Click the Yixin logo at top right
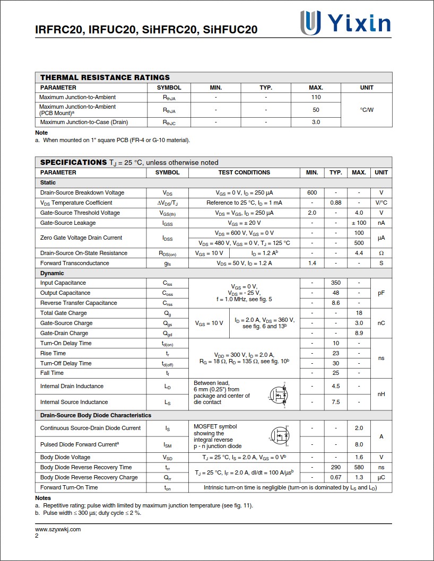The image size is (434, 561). pyautogui.click(x=345, y=23)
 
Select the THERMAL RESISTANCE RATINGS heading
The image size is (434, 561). pyautogui.click(x=105, y=77)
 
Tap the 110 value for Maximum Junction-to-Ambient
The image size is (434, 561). pyautogui.click(x=316, y=97)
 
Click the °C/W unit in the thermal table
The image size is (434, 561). pyautogui.click(x=367, y=110)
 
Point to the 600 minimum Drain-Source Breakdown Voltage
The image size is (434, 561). pyautogui.click(x=312, y=192)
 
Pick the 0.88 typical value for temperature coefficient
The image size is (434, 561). pyautogui.click(x=335, y=203)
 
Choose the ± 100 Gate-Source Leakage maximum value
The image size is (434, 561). pyautogui.click(x=359, y=223)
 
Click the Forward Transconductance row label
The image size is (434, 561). pyautogui.click(x=75, y=263)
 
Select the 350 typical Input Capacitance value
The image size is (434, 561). pyautogui.click(x=335, y=283)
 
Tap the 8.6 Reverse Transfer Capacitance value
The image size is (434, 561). pyautogui.click(x=335, y=303)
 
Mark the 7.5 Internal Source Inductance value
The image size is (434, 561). pyautogui.click(x=335, y=402)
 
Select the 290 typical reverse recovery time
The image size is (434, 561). pyautogui.click(x=335, y=467)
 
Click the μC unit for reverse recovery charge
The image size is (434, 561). pyautogui.click(x=381, y=477)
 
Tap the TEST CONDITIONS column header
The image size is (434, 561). pyautogui.click(x=244, y=172)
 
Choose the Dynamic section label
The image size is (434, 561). pyautogui.click(x=52, y=273)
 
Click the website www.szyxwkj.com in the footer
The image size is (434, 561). pyautogui.click(x=58, y=529)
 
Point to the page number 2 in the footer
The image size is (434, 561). pyautogui.click(x=37, y=536)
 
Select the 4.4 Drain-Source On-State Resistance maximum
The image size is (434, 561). pyautogui.click(x=359, y=253)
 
